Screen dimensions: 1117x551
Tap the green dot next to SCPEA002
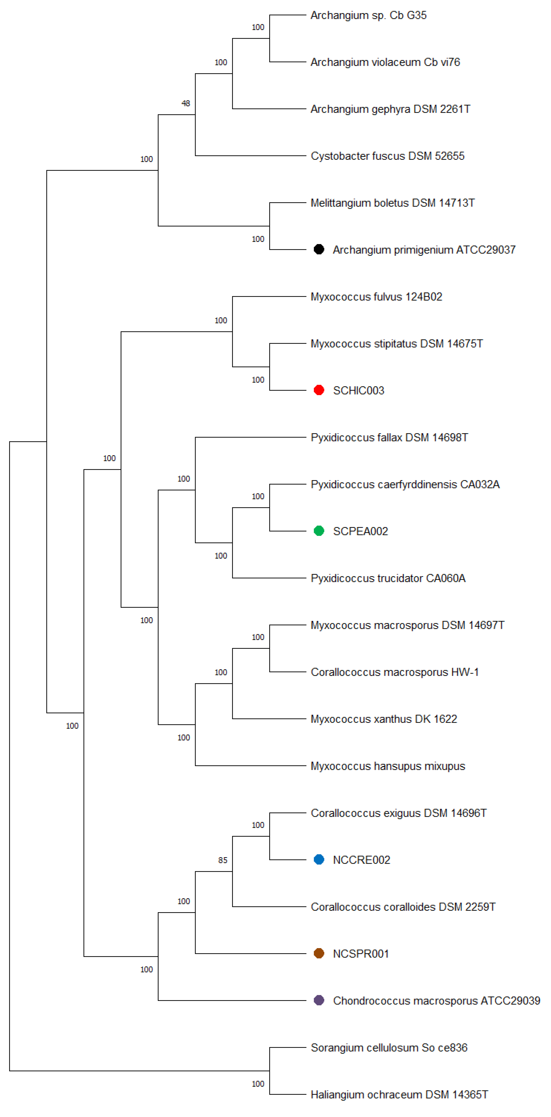coord(319,531)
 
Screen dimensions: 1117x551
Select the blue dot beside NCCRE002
coord(319,859)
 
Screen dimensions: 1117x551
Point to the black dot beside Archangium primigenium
coord(319,249)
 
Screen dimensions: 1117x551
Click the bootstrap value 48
coord(185,103)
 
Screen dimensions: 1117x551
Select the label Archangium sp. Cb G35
coord(368,15)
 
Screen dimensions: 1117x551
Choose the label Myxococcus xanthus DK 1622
coord(384,719)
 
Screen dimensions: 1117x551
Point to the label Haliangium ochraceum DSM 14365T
coord(399,1095)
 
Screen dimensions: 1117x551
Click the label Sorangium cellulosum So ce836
coord(389,1048)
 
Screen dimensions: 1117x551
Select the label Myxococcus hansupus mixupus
coord(388,766)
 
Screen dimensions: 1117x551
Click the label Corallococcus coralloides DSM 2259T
coord(403,907)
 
